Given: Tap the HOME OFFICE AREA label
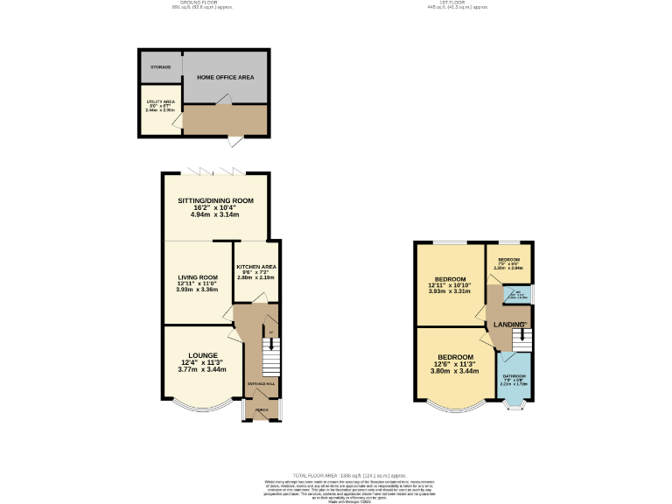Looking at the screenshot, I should [225, 78].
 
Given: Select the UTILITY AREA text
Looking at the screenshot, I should [160, 101].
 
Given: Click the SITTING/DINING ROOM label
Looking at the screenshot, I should [215, 200].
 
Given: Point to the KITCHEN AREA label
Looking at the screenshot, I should [256, 266].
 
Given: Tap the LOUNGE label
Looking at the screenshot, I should [202, 355].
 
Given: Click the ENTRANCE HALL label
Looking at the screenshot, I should [262, 384].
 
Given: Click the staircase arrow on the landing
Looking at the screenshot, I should [523, 336].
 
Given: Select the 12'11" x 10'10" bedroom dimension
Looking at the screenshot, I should [450, 285].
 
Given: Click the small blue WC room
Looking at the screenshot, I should [518, 294].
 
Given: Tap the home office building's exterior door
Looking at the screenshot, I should [236, 141].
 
